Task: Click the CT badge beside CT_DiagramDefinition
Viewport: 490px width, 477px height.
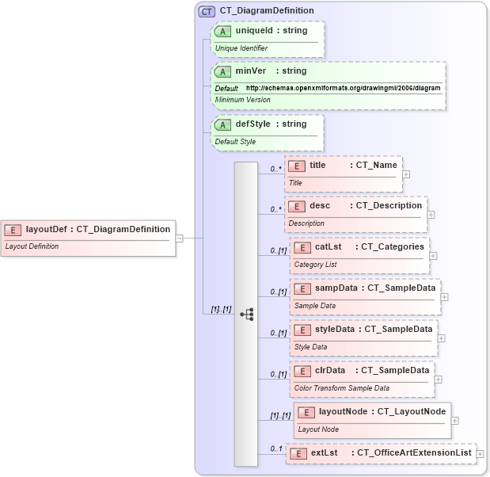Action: point(207,11)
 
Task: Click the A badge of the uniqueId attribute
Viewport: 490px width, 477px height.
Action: point(223,31)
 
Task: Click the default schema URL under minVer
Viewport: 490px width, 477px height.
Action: point(343,88)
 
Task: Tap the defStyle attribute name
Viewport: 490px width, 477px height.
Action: point(253,124)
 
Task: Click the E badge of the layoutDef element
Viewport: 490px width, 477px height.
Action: point(13,230)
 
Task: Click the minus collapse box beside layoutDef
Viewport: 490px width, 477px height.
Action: point(180,237)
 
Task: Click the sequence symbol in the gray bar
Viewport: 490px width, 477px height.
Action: point(246,314)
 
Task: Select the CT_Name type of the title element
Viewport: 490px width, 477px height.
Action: point(377,166)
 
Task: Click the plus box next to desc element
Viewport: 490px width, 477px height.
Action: point(431,214)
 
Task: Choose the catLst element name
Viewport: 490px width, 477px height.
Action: point(328,246)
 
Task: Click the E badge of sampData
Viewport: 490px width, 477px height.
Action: point(303,288)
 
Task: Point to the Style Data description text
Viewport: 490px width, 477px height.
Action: point(310,346)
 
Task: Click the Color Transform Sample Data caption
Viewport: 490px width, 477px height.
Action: point(341,387)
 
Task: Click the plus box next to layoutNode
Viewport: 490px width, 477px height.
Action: point(455,421)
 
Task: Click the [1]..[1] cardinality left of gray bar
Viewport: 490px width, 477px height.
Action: point(221,308)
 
